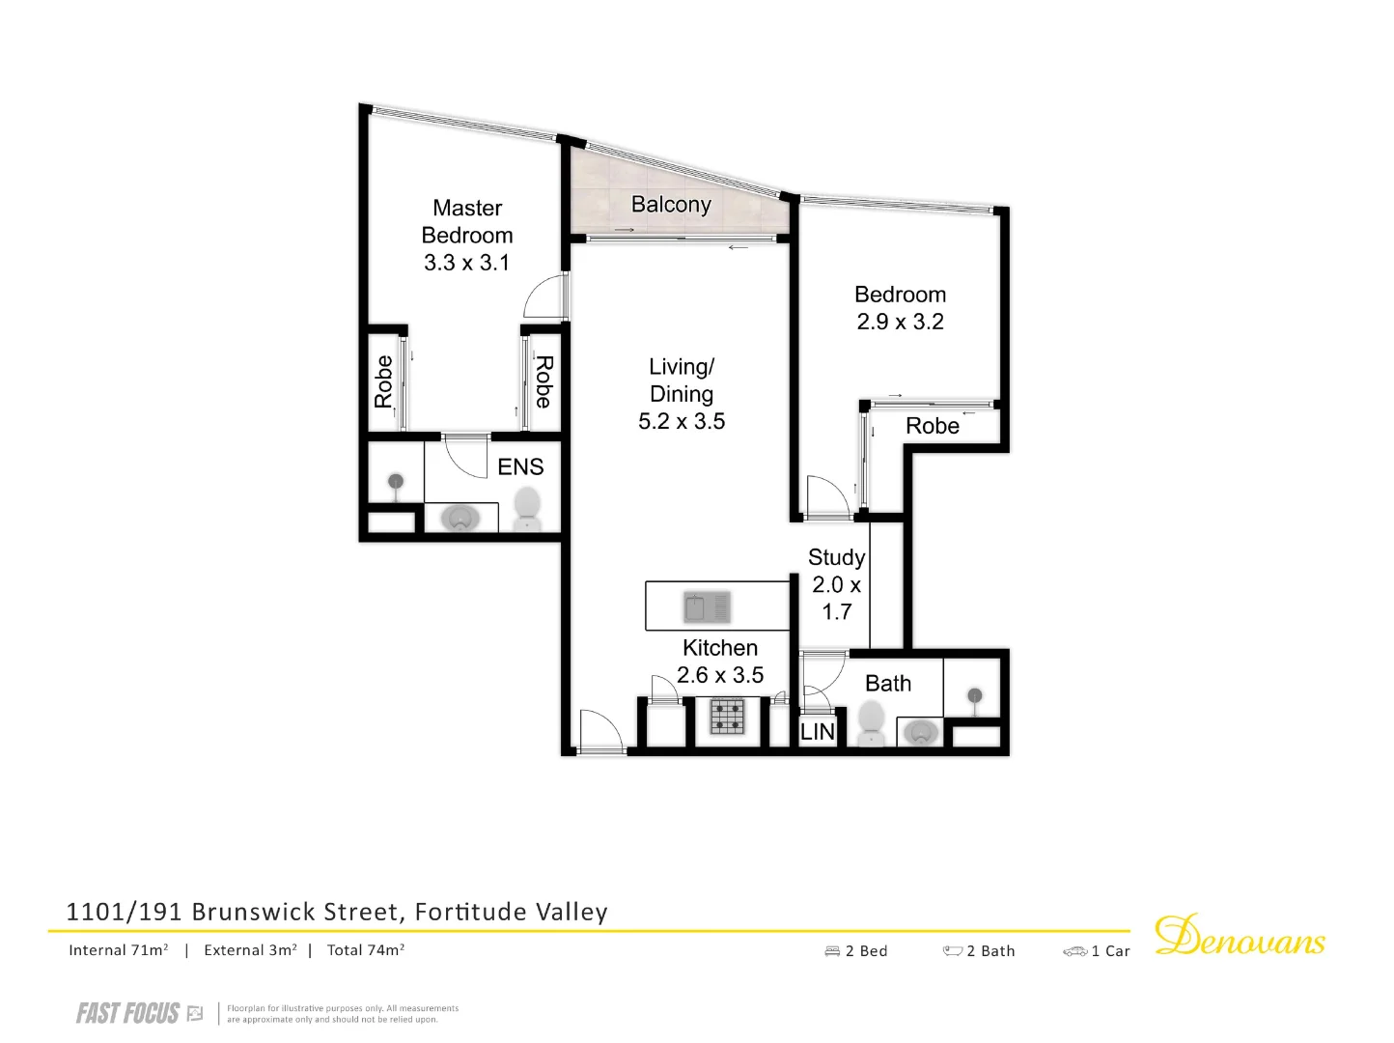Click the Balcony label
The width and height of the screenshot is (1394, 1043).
point(671,205)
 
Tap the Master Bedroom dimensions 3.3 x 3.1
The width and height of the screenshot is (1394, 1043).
point(467,263)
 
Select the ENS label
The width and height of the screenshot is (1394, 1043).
point(520,467)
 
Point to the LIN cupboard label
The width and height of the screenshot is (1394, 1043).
point(818,732)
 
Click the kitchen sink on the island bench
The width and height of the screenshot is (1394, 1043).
point(707,607)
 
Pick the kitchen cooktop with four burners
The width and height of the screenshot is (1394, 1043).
point(728,717)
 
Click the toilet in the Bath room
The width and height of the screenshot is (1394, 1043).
point(872,721)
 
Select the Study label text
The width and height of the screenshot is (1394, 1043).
point(836,558)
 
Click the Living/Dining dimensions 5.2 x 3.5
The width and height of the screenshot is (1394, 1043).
point(682,422)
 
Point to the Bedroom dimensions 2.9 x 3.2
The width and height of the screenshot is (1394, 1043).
point(900,323)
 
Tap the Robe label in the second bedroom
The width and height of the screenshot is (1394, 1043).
point(933,427)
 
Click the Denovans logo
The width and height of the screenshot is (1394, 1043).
point(1240,936)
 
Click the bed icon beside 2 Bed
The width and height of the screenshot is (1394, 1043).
point(832,951)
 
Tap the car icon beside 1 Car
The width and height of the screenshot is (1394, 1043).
point(1074,951)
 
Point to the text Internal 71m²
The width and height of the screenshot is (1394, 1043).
point(119,950)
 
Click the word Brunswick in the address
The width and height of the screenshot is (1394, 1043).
point(254,912)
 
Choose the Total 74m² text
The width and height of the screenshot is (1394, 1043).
point(365,950)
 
